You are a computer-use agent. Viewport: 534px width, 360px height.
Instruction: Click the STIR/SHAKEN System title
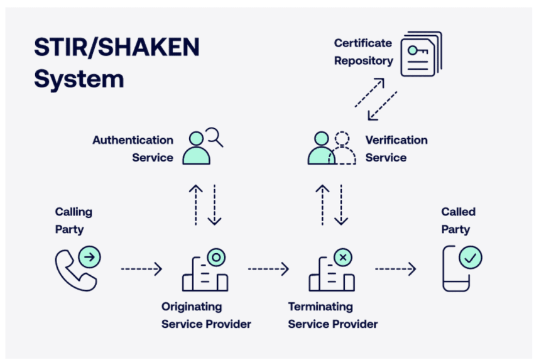pos(116,63)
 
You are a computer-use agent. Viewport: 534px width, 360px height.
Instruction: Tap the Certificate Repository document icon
pos(421,54)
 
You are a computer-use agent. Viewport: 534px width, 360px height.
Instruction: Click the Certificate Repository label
pos(363,52)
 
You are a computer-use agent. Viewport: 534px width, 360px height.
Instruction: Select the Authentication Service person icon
pos(200,148)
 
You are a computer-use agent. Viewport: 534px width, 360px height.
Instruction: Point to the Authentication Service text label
pos(133,148)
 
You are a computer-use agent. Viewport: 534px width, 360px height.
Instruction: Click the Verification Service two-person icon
pos(330,148)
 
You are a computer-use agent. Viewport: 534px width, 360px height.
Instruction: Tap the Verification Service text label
pos(396,148)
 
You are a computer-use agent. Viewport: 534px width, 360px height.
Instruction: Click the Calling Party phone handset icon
pos(77,268)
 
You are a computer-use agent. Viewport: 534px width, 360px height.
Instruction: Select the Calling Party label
pos(74,221)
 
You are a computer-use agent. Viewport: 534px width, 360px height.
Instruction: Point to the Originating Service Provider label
pos(206,315)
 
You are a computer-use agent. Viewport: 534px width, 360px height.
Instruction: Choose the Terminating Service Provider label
pos(333,315)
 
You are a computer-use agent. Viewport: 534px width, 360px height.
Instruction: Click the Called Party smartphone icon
pos(458,269)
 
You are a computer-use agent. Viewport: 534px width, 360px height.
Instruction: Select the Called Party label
pos(458,221)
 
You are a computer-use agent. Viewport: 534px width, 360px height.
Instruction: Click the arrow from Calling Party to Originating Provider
pos(141,270)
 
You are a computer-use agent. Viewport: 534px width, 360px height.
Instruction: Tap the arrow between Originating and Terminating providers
pos(268,270)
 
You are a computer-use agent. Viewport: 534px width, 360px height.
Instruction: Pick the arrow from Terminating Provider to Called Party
pos(395,270)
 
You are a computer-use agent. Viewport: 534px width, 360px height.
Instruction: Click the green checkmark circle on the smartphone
pos(470,257)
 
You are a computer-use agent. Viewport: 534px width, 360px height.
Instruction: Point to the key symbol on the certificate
pos(417,49)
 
